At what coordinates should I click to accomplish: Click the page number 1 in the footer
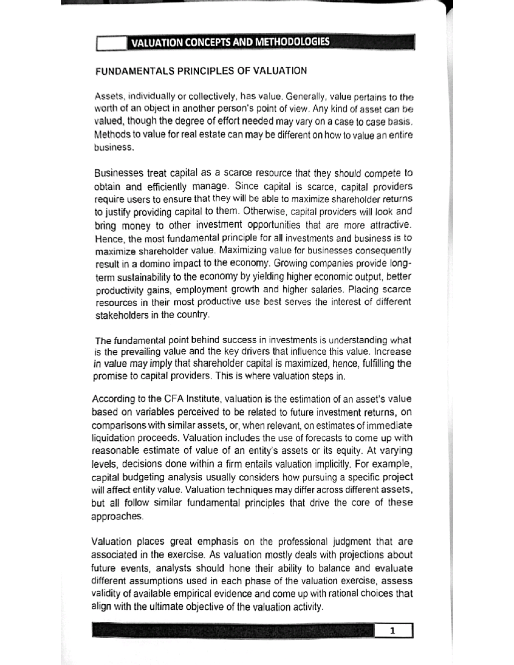393,630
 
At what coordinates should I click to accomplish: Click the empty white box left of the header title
111,43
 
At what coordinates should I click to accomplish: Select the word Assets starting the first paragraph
107,95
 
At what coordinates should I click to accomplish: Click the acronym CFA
174,399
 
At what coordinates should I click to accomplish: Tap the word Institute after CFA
203,399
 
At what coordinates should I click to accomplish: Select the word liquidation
113,438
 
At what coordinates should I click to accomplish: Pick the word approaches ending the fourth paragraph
116,516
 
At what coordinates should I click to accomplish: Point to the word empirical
196,594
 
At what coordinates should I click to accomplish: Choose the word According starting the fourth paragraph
114,399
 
